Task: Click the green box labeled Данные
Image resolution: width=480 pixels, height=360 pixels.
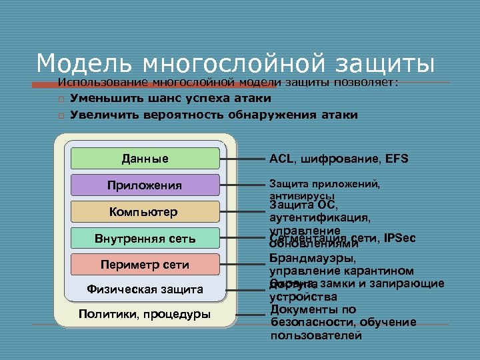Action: click(x=145, y=159)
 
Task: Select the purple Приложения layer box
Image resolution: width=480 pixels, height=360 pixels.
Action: click(x=145, y=185)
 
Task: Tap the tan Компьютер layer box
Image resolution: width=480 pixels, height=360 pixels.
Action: click(x=145, y=212)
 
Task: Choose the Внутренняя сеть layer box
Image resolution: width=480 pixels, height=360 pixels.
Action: click(x=145, y=238)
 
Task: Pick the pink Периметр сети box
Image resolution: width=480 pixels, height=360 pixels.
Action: click(x=145, y=265)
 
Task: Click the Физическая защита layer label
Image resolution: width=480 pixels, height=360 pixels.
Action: click(x=145, y=289)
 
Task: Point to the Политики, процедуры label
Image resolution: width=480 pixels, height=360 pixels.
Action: click(x=144, y=314)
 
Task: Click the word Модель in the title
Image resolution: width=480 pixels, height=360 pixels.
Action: click(x=77, y=63)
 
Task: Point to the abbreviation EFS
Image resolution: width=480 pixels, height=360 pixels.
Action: click(x=396, y=159)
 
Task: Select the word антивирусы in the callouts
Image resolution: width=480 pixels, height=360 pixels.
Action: click(x=301, y=196)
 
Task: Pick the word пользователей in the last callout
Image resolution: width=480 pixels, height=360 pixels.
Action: click(x=316, y=335)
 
